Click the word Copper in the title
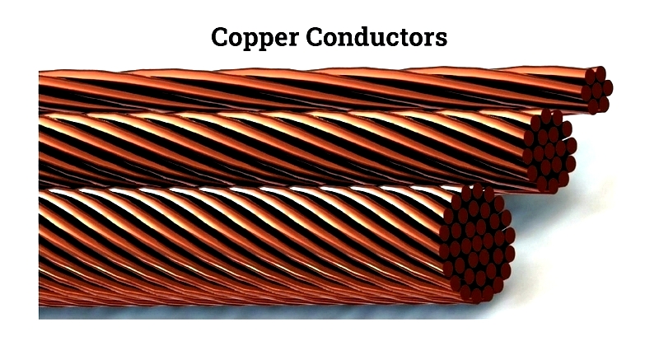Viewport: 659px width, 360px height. coord(255,38)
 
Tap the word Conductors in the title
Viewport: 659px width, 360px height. coord(376,36)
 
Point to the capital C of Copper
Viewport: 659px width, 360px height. coord(219,36)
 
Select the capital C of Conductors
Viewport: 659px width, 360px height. coord(315,36)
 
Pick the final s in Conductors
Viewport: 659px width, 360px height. coord(441,39)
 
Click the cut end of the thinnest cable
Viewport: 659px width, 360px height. coord(596,90)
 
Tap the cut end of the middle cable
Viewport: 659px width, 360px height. coord(550,152)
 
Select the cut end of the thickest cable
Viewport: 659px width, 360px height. coord(477,243)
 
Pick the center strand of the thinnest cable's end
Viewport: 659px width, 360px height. coord(596,90)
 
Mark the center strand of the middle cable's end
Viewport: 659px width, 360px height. coord(550,152)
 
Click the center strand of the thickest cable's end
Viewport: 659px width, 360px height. coord(477,243)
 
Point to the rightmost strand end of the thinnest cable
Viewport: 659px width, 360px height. coord(608,88)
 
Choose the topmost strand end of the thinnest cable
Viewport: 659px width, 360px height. coord(601,73)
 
